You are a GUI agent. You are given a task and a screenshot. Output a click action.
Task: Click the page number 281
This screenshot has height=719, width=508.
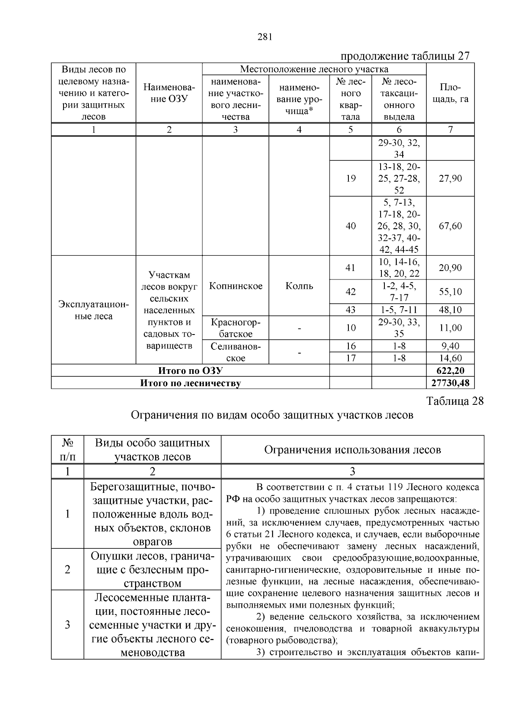pos(264,37)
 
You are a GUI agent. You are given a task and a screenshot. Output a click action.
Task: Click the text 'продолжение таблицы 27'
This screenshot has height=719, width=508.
pos(405,56)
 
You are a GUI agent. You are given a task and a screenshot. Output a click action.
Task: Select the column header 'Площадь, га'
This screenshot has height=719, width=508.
pos(450,93)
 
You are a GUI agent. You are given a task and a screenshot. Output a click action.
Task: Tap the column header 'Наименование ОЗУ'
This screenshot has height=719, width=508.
pos(169,93)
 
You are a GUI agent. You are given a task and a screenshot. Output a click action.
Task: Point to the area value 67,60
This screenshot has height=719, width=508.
pos(450,226)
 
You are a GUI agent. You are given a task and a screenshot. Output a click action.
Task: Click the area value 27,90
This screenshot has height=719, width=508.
pos(450,178)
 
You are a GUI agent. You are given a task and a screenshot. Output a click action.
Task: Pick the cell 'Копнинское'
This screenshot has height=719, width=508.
pos(235,286)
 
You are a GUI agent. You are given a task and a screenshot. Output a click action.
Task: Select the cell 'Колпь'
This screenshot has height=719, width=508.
pos(299,286)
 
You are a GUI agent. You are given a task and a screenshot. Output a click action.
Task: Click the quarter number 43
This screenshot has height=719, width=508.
pos(351,310)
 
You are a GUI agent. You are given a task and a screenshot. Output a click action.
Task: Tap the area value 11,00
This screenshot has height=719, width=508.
pos(450,328)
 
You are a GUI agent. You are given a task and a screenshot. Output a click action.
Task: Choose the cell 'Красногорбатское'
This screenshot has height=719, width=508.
pos(235,328)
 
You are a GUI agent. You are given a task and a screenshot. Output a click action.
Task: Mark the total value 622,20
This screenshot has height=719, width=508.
pos(450,371)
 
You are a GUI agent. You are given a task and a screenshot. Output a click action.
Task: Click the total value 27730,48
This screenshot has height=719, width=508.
pos(450,383)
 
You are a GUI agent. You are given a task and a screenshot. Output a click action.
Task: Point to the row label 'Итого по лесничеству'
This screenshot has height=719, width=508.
pos(190,383)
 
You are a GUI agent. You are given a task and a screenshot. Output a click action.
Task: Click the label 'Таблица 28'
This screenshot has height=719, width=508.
pos(455,401)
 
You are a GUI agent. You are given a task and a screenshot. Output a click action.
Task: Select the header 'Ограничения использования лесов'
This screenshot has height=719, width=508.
pos(352,450)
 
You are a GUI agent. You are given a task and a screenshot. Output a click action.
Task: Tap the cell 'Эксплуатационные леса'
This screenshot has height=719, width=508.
pos(93,310)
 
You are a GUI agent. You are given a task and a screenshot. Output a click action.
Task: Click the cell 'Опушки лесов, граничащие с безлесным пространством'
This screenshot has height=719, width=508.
pos(152,570)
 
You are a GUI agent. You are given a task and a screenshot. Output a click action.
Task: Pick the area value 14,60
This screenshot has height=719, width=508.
pos(450,358)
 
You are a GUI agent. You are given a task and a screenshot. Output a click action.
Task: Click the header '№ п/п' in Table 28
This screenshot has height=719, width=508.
pos(67,450)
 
